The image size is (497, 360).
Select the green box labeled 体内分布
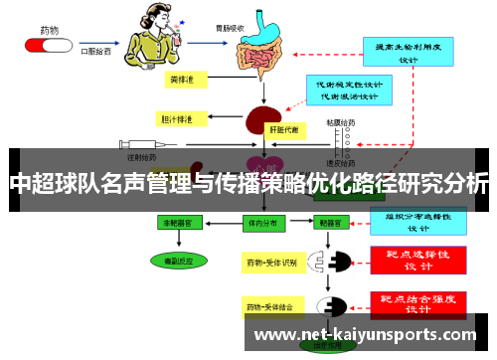click(261, 225)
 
